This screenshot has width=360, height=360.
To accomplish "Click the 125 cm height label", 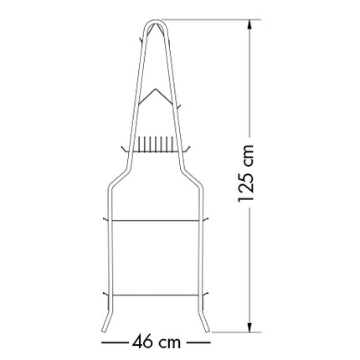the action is click(x=246, y=173).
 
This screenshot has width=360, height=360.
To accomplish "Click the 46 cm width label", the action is click(x=157, y=342).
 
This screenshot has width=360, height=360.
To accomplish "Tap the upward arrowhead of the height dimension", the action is click(x=249, y=24).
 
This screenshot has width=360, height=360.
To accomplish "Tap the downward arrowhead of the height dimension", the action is click(x=249, y=327).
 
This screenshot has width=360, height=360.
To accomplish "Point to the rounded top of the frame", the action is click(x=157, y=21).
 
